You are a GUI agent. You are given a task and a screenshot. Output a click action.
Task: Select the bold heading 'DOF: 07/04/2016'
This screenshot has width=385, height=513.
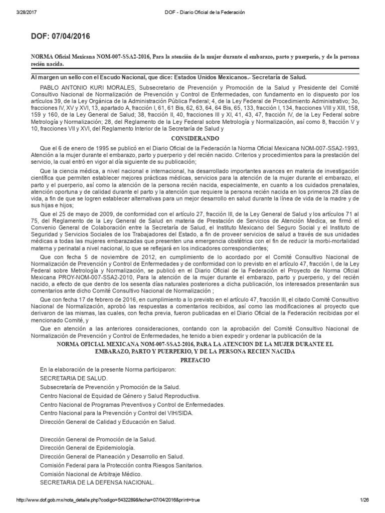pos(61,37)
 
